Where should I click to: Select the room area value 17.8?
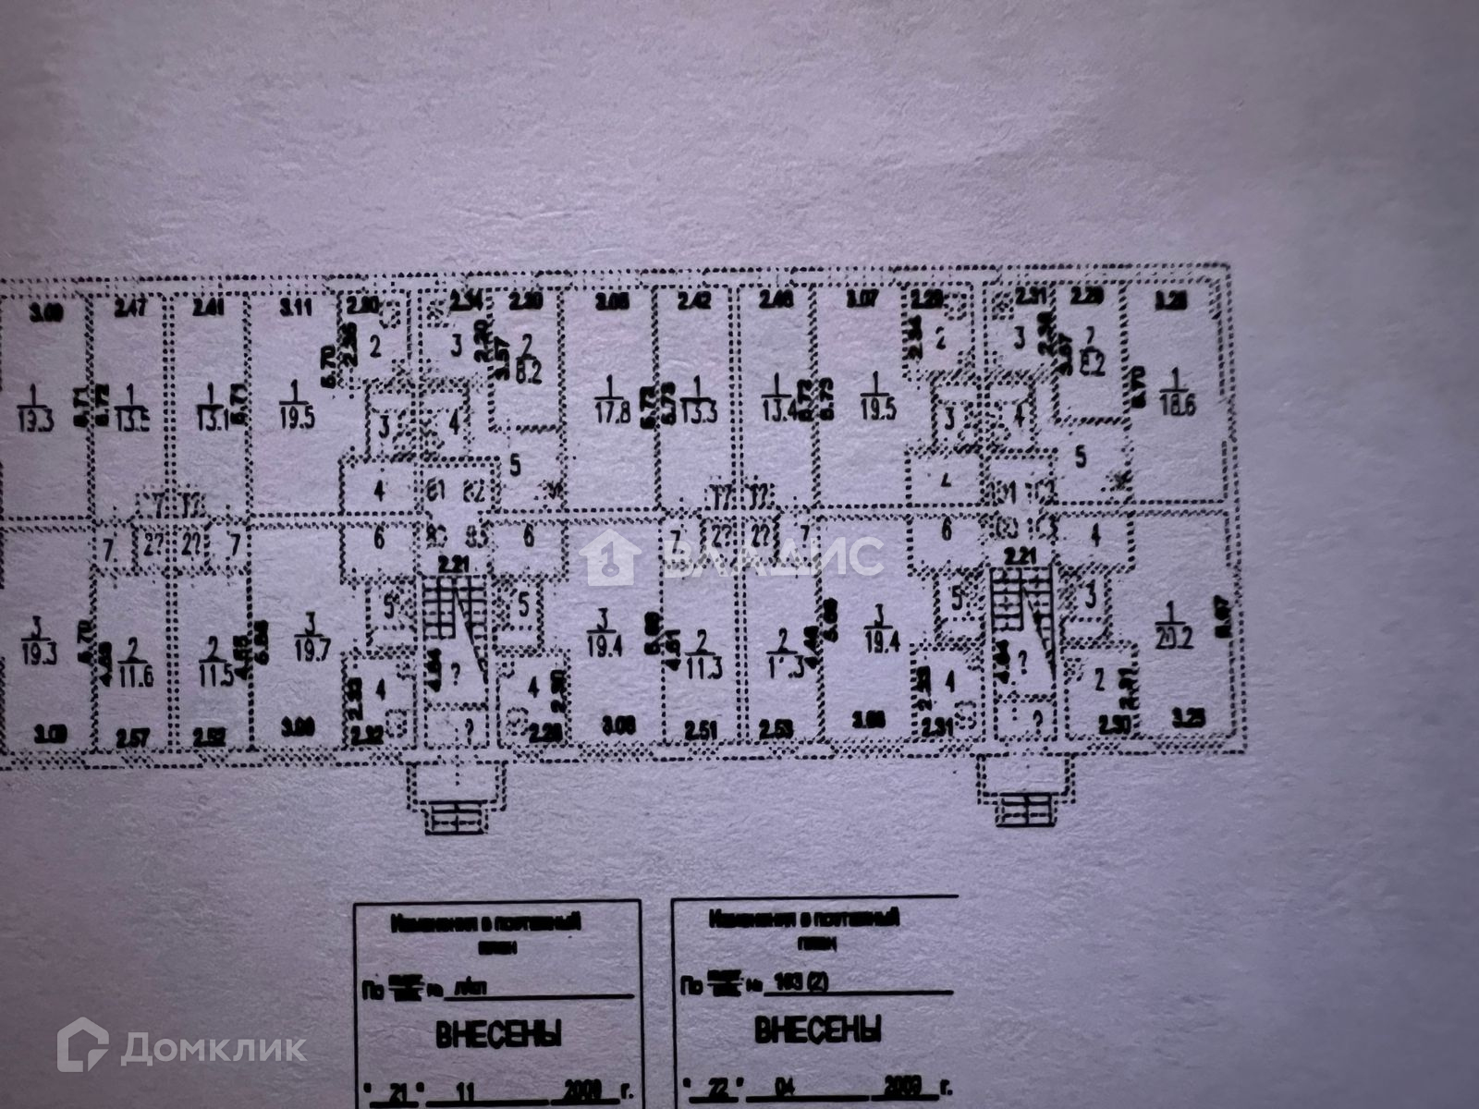tap(611, 414)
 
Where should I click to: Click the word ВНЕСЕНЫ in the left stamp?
tap(498, 1035)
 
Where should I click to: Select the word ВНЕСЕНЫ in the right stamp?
tap(817, 1030)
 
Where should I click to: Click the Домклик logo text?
tap(213, 1048)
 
